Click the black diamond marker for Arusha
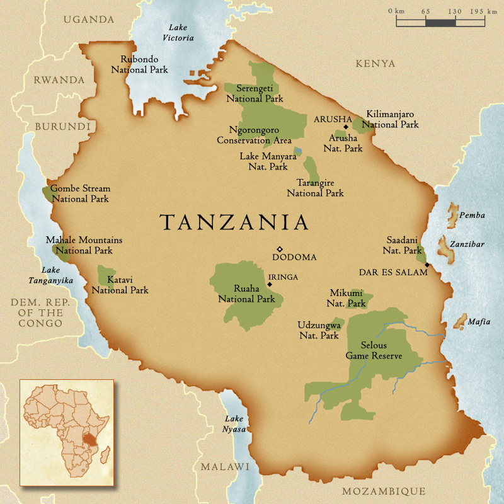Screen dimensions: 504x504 346,127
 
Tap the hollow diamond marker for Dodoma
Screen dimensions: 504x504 280,249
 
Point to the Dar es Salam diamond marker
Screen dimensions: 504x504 427,265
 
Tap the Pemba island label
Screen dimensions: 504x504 472,215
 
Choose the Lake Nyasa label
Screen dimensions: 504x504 234,423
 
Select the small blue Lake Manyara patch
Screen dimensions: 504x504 297,151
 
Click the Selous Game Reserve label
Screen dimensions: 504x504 374,350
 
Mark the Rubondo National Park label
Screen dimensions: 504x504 139,64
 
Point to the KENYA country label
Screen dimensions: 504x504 375,64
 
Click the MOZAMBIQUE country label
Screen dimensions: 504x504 383,491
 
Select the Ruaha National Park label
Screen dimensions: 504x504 246,294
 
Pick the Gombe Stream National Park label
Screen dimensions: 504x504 80,193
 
